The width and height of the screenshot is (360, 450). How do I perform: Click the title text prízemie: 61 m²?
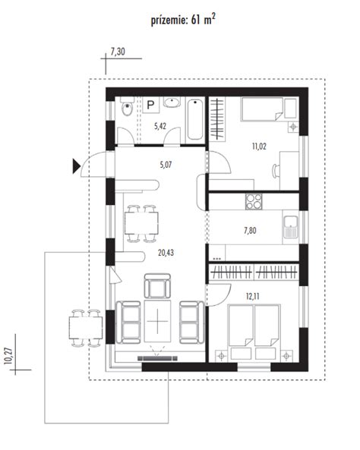click(x=183, y=20)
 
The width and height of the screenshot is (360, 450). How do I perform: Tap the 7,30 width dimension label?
click(x=118, y=52)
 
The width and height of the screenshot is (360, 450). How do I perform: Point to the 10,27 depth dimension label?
click(x=8, y=356)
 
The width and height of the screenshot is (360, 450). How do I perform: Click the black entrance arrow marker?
click(x=76, y=166)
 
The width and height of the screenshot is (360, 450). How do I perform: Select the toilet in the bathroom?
click(x=127, y=106)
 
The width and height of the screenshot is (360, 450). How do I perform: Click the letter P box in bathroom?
click(x=150, y=105)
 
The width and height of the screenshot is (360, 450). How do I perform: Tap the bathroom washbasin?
click(x=172, y=102)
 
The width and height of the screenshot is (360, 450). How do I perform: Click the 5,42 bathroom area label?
click(x=160, y=126)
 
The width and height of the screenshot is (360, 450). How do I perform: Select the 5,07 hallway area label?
click(x=166, y=165)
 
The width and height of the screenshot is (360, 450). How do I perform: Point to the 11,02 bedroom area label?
click(x=259, y=146)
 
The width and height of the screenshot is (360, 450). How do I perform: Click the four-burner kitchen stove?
click(x=254, y=201)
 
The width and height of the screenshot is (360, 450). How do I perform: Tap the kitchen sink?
click(x=291, y=227)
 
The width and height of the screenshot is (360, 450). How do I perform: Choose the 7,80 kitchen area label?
click(x=250, y=231)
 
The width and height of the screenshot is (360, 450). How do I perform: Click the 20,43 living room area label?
click(x=166, y=253)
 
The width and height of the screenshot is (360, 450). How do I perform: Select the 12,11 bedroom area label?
click(x=253, y=296)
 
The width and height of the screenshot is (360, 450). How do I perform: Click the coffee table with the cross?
click(x=157, y=321)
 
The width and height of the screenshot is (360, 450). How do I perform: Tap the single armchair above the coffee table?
click(x=157, y=286)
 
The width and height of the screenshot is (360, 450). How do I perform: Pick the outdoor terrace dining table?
click(x=86, y=328)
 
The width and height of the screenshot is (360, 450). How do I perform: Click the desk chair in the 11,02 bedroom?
click(x=276, y=171)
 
